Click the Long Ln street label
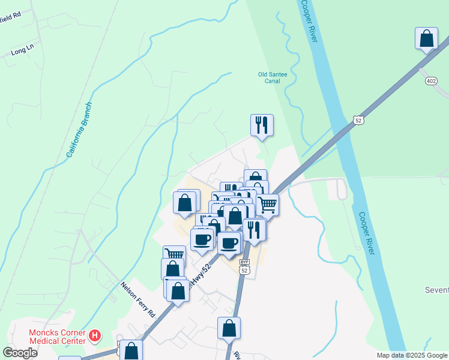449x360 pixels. click(22, 53)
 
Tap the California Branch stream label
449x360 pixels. click(79, 130)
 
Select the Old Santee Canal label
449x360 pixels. click(273, 78)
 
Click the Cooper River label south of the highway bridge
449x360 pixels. click(367, 233)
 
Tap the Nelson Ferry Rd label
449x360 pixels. click(138, 299)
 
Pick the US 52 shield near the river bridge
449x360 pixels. click(358, 120)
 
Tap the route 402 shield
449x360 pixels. click(430, 81)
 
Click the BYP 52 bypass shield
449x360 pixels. click(244, 268)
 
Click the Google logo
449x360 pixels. click(20, 353)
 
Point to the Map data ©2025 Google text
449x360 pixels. click(412, 355)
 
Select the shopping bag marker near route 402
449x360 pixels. click(426, 38)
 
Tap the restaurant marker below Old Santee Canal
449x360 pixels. click(262, 125)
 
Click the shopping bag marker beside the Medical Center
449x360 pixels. click(131, 350)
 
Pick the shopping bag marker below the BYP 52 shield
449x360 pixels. click(229, 328)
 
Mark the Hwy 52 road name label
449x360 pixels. click(199, 275)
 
